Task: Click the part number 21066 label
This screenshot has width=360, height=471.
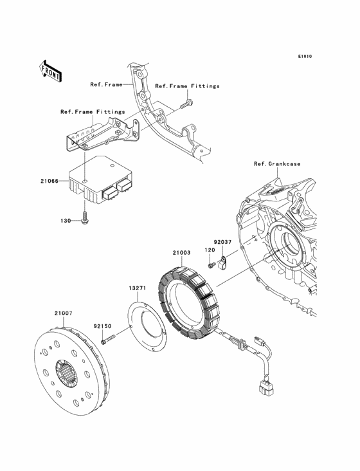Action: click(49, 181)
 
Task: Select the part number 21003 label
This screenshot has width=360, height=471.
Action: click(182, 253)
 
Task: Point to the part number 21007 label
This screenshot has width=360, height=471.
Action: click(62, 312)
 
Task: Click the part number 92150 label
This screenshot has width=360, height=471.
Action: click(103, 326)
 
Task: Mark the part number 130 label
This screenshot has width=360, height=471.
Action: click(66, 221)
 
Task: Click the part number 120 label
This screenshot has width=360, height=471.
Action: click(210, 250)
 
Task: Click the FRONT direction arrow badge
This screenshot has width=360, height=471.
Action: click(51, 70)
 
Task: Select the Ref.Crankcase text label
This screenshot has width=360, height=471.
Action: click(276, 163)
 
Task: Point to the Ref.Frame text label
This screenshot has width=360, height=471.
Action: click(106, 84)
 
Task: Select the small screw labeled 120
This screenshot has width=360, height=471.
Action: click(210, 264)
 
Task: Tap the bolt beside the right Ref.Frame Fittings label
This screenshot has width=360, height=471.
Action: click(187, 102)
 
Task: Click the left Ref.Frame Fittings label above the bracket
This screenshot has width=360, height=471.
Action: click(93, 111)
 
